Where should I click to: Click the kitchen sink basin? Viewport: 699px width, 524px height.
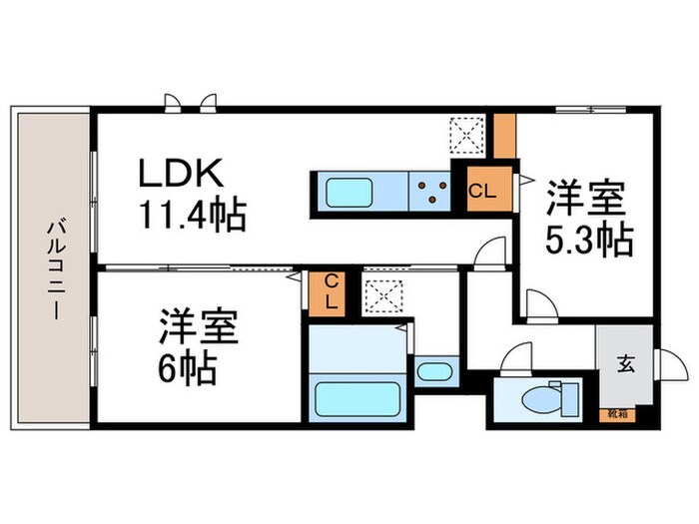[x=349, y=191]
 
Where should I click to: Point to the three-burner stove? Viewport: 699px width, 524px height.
[x=431, y=190]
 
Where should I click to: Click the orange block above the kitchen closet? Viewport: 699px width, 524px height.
[x=505, y=136]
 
